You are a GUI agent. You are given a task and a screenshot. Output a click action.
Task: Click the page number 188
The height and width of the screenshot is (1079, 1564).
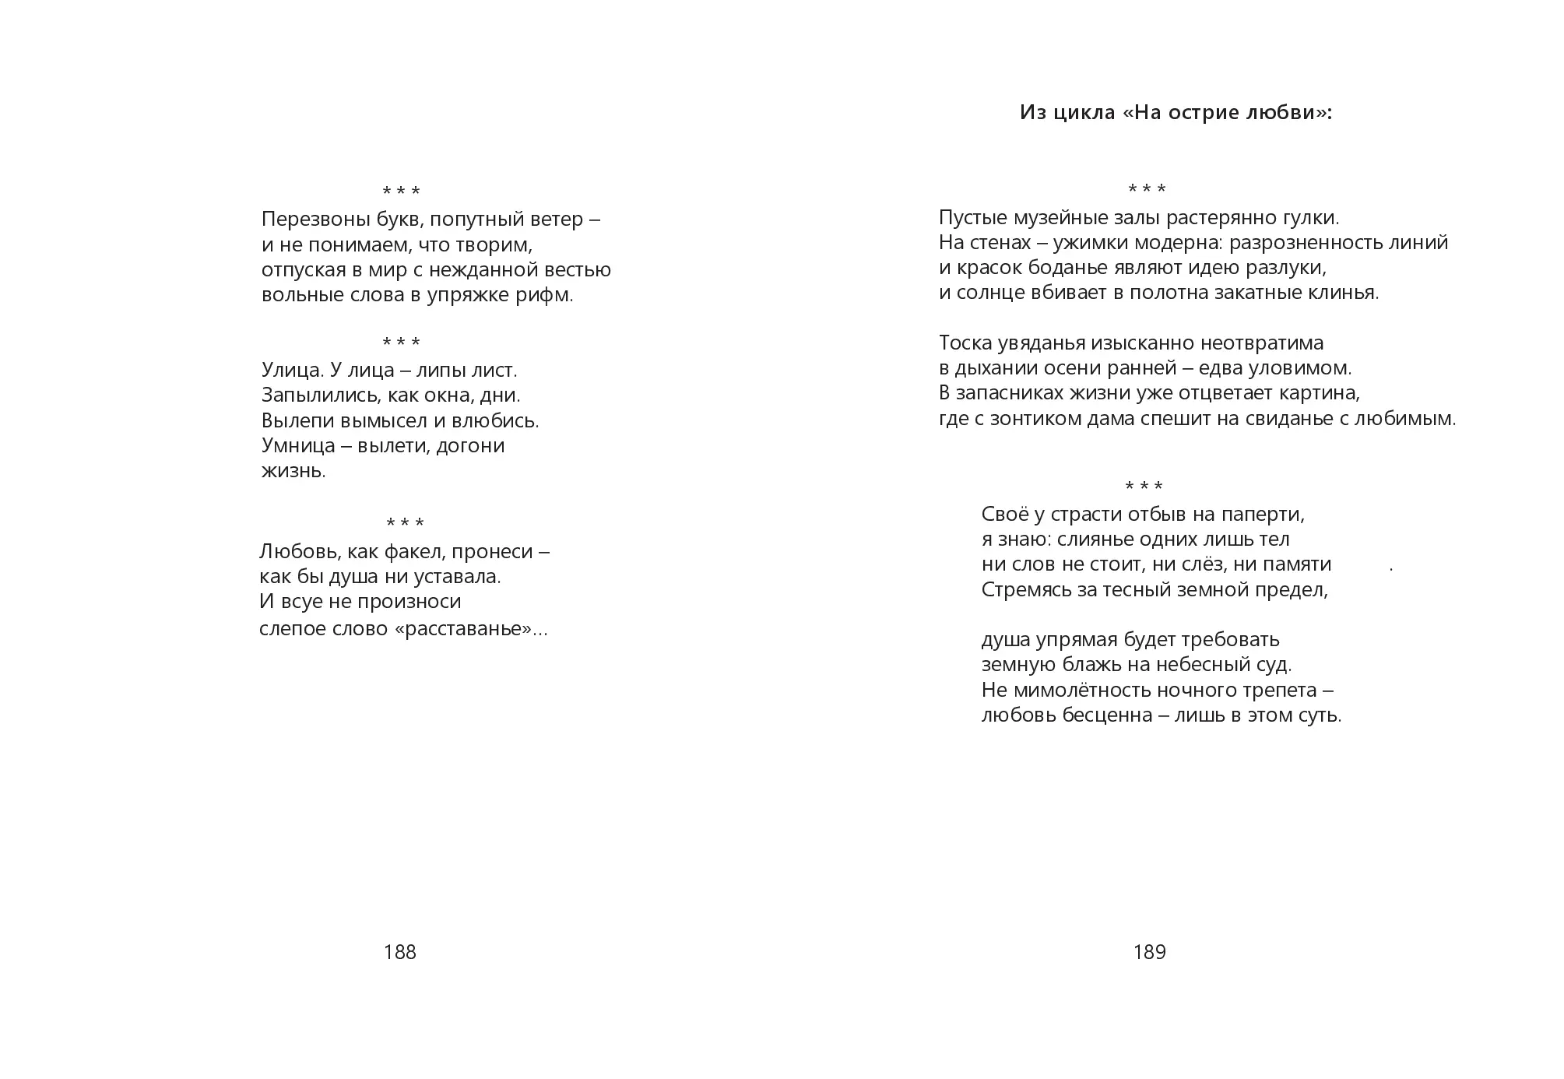[399, 952]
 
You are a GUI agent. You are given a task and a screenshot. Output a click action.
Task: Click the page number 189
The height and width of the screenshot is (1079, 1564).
[1149, 952]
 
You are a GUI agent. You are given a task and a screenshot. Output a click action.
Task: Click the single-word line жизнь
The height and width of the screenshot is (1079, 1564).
[293, 471]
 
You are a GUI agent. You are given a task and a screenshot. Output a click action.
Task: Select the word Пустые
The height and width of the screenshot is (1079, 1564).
[971, 218]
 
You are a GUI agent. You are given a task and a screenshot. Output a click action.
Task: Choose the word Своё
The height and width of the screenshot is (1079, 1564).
[1006, 515]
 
